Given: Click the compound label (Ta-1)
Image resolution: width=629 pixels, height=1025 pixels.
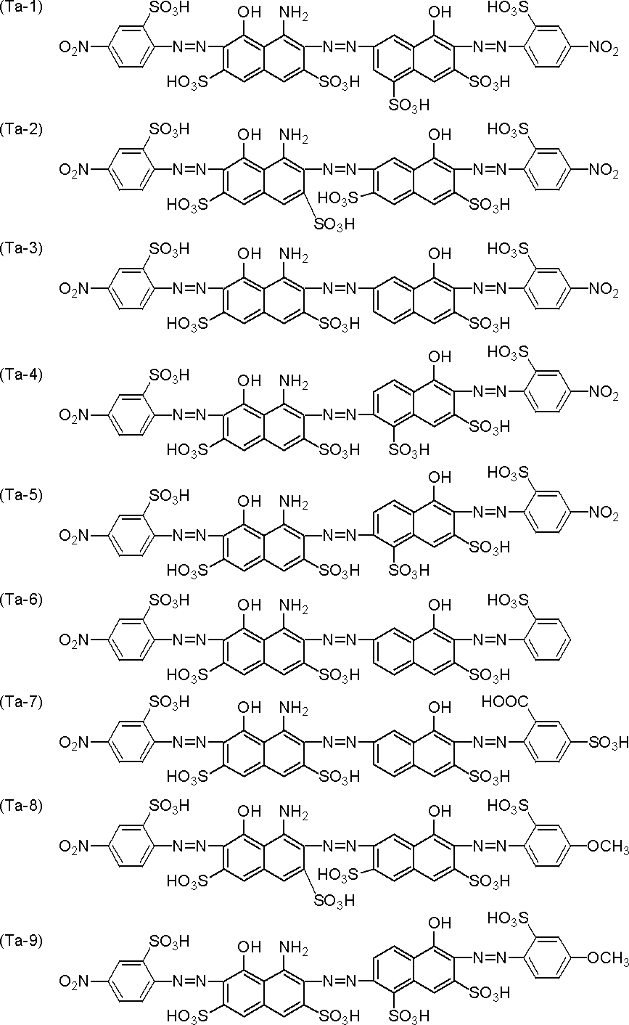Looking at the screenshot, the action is point(21,7).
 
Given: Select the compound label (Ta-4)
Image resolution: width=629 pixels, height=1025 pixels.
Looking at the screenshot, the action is point(21,375).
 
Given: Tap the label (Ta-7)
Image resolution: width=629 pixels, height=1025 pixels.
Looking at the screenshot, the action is point(21,701).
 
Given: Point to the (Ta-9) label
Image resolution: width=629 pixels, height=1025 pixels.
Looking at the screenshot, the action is point(21,941).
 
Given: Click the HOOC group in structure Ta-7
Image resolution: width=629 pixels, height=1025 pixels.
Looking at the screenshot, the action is point(504,701).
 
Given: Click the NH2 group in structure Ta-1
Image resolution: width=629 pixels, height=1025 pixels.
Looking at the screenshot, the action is point(293,13).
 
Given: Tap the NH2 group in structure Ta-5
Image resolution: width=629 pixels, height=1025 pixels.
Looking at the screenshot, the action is point(293,502).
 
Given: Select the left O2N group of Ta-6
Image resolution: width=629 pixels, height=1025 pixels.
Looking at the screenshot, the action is point(74,640).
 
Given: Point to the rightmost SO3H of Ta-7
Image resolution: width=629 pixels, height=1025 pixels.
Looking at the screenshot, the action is point(609,743).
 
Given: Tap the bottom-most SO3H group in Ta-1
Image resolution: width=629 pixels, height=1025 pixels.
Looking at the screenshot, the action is point(408,106).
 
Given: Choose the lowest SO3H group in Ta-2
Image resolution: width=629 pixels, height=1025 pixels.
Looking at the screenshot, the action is point(334,224).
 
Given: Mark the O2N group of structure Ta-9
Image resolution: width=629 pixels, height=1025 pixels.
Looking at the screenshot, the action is point(74,982).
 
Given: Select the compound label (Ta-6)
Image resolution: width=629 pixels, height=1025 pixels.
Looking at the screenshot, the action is point(21,599).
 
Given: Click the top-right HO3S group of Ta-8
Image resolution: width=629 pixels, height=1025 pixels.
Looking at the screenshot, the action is point(508,805).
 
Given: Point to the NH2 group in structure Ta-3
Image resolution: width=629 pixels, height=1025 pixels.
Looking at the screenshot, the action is point(293,255).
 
